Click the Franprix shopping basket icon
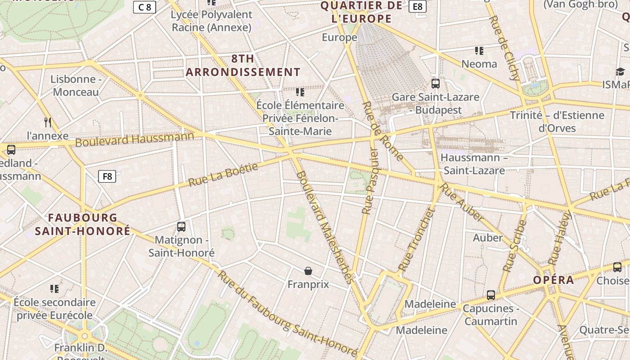click(x=308, y=271)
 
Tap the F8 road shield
click(x=107, y=176)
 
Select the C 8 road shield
click(x=144, y=7)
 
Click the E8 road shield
click(x=418, y=6)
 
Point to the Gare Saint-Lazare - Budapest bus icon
click(x=435, y=83)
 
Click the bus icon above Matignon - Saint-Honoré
click(x=181, y=227)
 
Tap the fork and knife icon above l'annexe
click(x=48, y=122)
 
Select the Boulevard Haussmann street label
click(x=135, y=139)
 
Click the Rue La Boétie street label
click(x=223, y=175)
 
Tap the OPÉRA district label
click(x=553, y=280)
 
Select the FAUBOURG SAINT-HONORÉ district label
click(x=83, y=224)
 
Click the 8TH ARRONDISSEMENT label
click(x=243, y=65)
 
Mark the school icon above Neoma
click(x=479, y=50)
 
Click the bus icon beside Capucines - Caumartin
click(x=491, y=295)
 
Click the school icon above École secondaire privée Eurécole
click(x=54, y=288)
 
